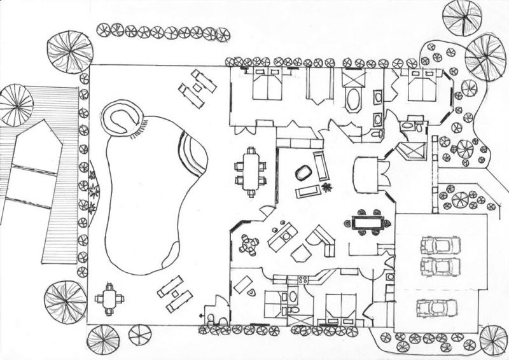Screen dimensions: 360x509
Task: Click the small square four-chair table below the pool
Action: pyautogui.click(x=109, y=299)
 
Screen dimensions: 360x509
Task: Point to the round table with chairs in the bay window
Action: pyautogui.click(x=248, y=244)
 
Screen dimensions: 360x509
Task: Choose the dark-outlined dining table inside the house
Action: pyautogui.click(x=369, y=223)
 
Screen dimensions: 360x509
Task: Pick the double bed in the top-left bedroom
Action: pyautogui.click(x=266, y=85)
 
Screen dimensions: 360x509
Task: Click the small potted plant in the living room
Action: pyautogui.click(x=328, y=188)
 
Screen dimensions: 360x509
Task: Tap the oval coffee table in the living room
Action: pyautogui.click(x=301, y=172)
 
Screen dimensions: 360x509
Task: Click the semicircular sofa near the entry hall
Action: pyautogui.click(x=366, y=174)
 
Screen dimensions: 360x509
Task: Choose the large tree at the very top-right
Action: pyautogui.click(x=463, y=16)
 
